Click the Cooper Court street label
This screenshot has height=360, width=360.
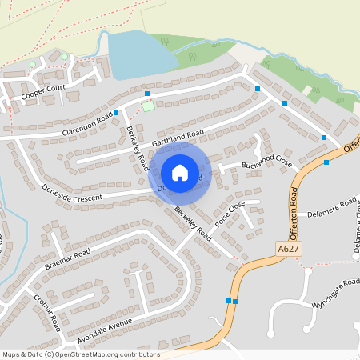[42, 94]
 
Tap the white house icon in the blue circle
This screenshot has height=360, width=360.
[179, 173]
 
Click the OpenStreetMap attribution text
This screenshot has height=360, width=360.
[82, 354]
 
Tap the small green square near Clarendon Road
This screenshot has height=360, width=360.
[148, 106]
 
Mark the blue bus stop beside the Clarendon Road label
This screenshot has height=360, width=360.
[117, 113]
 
